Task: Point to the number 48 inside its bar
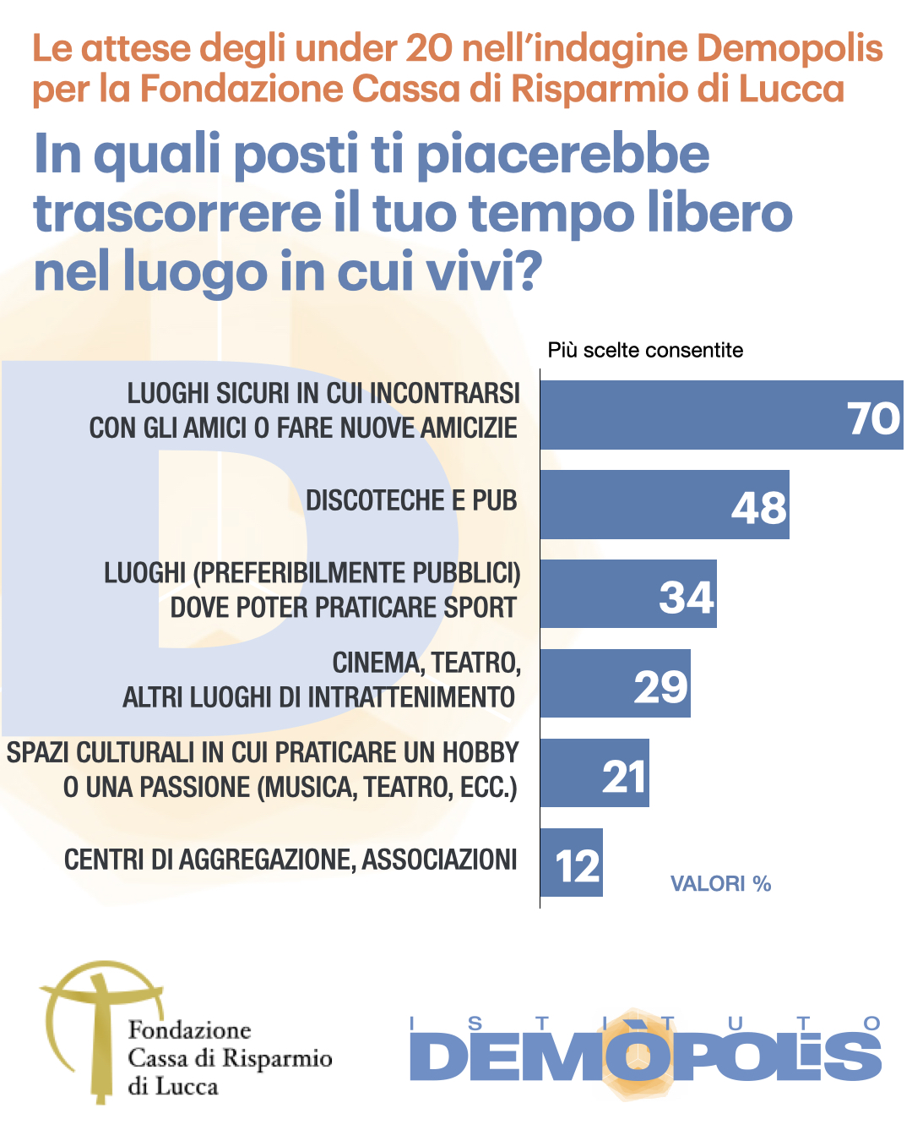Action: pos(758,508)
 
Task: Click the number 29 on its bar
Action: pos(661,686)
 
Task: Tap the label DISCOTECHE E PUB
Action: pos(411,500)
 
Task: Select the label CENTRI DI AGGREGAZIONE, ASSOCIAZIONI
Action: pos(290,860)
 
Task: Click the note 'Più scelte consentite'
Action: pos(645,350)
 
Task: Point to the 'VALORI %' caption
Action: pos(720,884)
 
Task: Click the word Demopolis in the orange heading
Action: pos(790,48)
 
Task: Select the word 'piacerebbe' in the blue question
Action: pos(563,155)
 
